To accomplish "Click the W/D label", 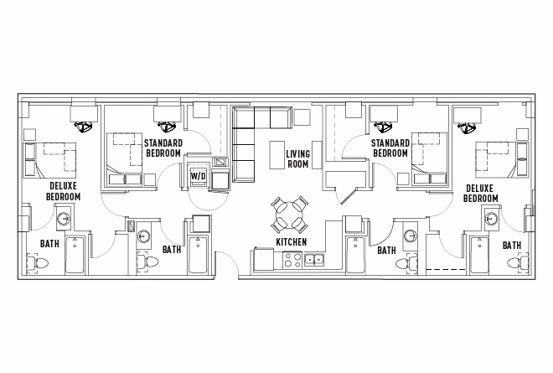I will [198, 177].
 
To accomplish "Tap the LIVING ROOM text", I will [297, 159].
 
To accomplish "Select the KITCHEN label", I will [291, 242].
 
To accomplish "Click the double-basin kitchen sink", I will [314, 261].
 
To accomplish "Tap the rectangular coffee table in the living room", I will [276, 155].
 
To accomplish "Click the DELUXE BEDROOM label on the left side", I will [65, 191].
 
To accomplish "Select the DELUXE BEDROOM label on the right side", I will [481, 194].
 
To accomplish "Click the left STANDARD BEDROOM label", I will [163, 148].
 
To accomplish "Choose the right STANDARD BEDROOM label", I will [390, 148].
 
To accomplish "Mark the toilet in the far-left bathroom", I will [34, 263].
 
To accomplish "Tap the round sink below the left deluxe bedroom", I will [64, 220].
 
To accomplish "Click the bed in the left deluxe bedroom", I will [50, 159].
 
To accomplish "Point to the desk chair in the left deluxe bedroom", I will [84, 127].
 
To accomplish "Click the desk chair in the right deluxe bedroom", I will [467, 127].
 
